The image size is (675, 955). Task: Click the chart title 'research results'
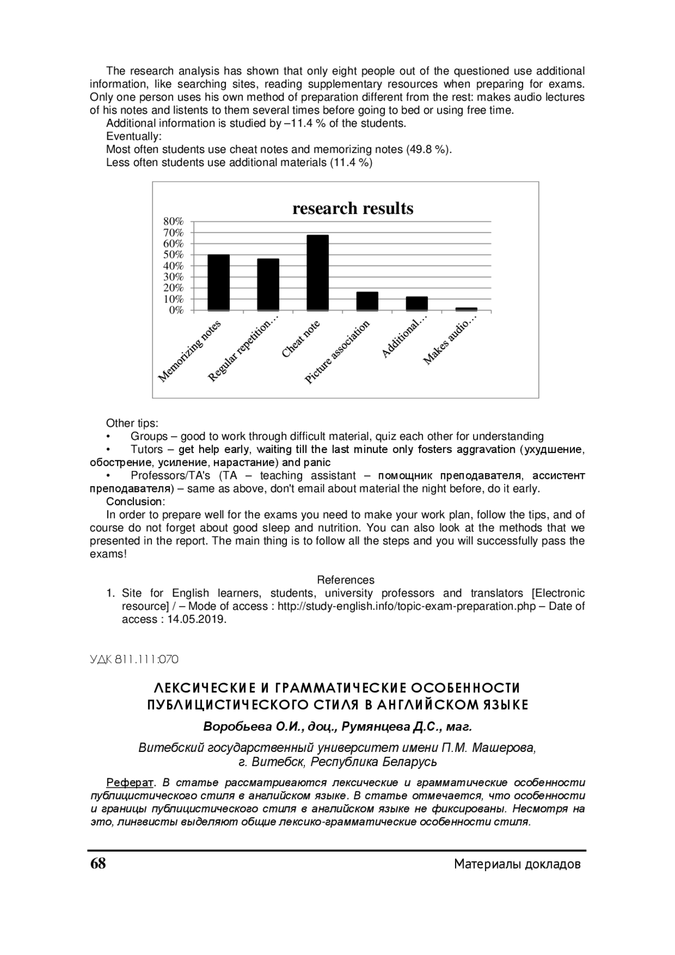pos(353,209)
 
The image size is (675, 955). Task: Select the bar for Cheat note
pos(317,273)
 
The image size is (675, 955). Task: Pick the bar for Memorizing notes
pos(218,283)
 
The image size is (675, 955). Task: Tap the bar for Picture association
pos(367,301)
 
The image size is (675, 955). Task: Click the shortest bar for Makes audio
pos(466,309)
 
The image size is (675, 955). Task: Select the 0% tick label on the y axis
pos(176,310)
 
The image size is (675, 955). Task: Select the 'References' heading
pos(345,580)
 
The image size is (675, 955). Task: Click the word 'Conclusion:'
pos(136,501)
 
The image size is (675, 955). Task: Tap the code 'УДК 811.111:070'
pos(134,659)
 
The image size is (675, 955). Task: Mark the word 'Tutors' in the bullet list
pos(147,450)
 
